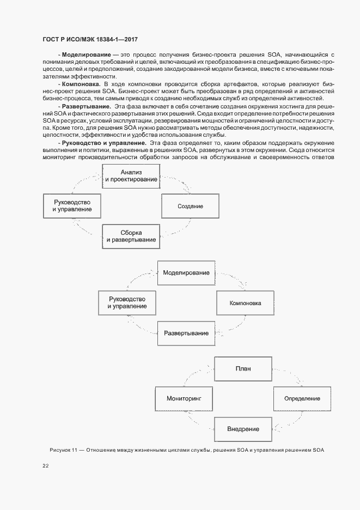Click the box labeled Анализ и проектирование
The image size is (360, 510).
pos(131,176)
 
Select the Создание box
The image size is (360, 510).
pos(190,207)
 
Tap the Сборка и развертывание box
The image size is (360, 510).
pos(131,236)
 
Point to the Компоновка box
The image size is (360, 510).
pos(245,303)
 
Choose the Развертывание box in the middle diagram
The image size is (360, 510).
pos(186,333)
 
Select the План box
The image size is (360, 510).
pos(243,368)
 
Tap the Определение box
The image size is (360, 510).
pos(302,399)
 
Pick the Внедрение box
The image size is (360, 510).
pos(243,429)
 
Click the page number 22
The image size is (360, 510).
pos(45,466)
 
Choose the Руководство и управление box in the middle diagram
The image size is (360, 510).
pos(127,302)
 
